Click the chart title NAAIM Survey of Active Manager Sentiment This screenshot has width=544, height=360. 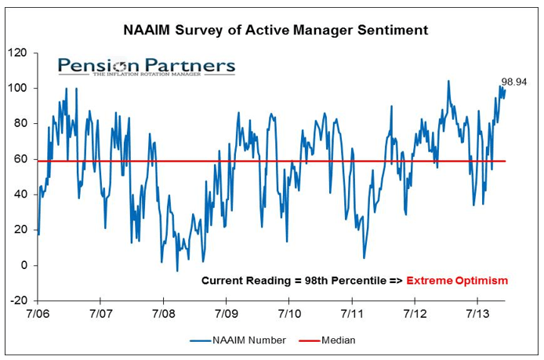276,31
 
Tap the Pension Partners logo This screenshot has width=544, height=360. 146,66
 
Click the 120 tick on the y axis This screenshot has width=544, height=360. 19,53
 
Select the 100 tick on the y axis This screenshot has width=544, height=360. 19,89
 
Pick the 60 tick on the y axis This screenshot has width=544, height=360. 21,159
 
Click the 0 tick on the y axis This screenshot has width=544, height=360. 24,265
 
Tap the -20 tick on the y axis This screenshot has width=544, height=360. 19,300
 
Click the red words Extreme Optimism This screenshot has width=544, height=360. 457,280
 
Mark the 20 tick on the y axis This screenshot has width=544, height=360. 21,230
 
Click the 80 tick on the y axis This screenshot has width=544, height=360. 21,124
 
